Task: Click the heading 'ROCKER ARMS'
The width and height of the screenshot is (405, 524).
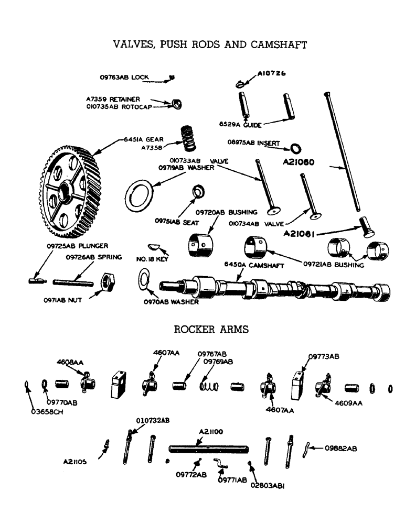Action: pyautogui.click(x=211, y=330)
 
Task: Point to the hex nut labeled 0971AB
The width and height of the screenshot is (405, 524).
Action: pyautogui.click(x=108, y=283)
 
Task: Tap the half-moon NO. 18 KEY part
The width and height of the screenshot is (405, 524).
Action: pyautogui.click(x=153, y=245)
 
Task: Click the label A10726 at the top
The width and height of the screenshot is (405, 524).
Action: pyautogui.click(x=271, y=74)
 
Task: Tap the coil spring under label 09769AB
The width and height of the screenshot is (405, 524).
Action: pyautogui.click(x=209, y=386)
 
